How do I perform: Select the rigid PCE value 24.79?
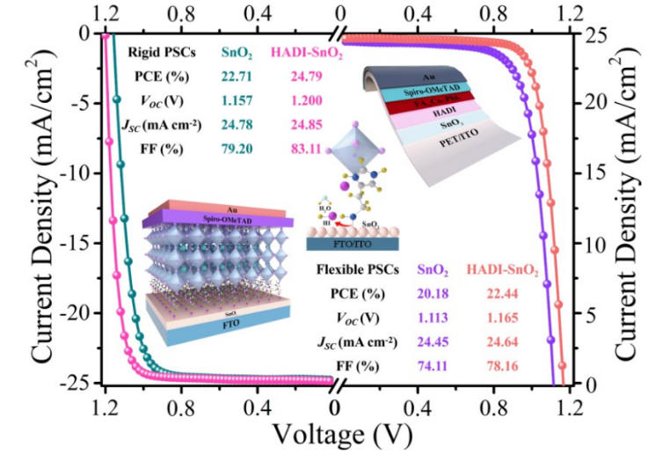[x=305, y=75]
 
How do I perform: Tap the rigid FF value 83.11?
[x=305, y=149]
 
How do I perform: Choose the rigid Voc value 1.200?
[x=305, y=99]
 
